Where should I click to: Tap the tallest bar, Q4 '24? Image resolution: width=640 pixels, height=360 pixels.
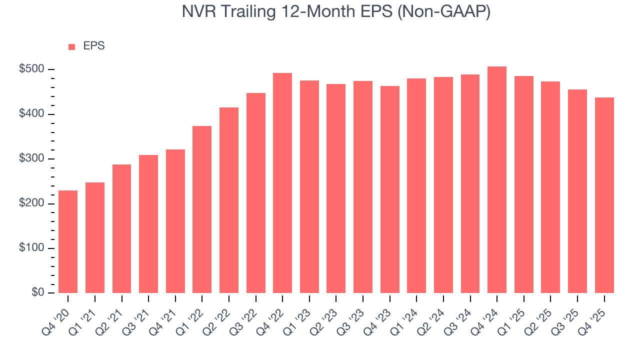click(497, 179)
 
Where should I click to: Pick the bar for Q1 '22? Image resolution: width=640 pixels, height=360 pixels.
click(202, 209)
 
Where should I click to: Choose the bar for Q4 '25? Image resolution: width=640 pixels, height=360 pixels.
click(604, 195)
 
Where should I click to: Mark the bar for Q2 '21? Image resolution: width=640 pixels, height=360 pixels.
click(121, 228)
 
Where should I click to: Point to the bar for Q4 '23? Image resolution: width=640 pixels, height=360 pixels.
click(389, 189)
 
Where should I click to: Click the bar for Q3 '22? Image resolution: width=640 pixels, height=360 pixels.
click(255, 193)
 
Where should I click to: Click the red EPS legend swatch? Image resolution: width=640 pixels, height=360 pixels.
click(71, 46)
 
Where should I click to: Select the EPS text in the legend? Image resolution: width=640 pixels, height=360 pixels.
click(94, 46)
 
